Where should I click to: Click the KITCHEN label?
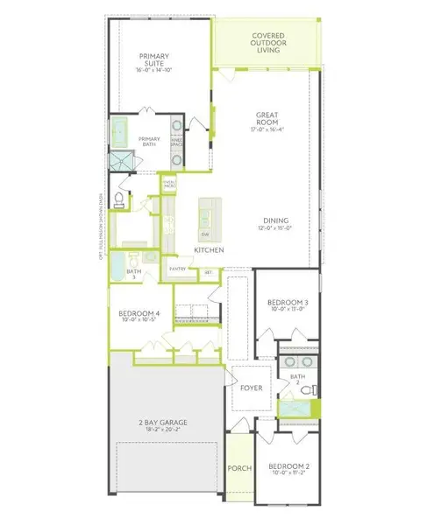[210, 250]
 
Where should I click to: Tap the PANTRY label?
[179, 270]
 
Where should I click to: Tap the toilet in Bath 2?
[306, 394]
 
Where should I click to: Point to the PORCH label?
[238, 468]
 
